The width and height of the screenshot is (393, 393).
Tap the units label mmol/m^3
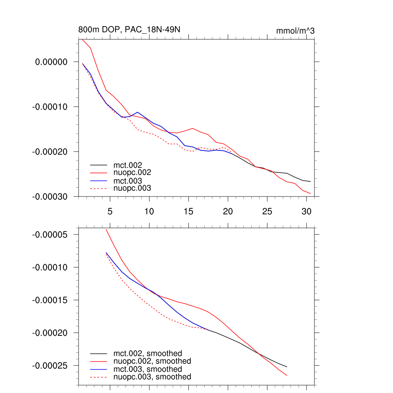[x=295, y=31]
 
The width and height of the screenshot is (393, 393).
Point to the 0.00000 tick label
[x=51, y=62]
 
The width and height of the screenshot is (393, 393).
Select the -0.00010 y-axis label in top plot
[x=50, y=107]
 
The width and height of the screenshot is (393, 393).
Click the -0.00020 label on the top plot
[x=50, y=152]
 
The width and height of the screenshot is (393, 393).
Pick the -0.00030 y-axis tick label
[x=50, y=196]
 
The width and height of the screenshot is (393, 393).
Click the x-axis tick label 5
[x=110, y=211]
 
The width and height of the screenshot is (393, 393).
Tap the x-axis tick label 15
[x=188, y=211]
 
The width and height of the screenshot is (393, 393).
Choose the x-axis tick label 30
[x=306, y=211]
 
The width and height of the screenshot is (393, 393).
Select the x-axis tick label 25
[x=267, y=211]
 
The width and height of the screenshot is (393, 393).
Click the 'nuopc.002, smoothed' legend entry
[x=152, y=361]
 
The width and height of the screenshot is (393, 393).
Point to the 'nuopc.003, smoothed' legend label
[x=152, y=377]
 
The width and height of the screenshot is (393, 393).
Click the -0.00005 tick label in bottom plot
[x=50, y=234]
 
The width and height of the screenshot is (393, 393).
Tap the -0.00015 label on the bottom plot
[x=50, y=300]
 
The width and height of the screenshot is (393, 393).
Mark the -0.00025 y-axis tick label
[x=50, y=366]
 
